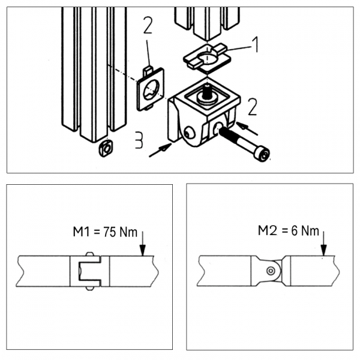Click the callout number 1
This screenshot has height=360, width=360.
click(x=254, y=43)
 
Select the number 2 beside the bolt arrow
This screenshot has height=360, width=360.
click(x=252, y=107)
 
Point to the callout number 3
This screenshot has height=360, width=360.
click(x=138, y=141)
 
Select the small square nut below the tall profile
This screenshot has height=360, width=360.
click(x=106, y=148)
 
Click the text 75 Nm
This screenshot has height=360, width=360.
click(x=119, y=232)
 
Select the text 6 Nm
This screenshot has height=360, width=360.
click(x=302, y=230)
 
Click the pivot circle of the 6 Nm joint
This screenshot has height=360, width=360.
click(x=271, y=271)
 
